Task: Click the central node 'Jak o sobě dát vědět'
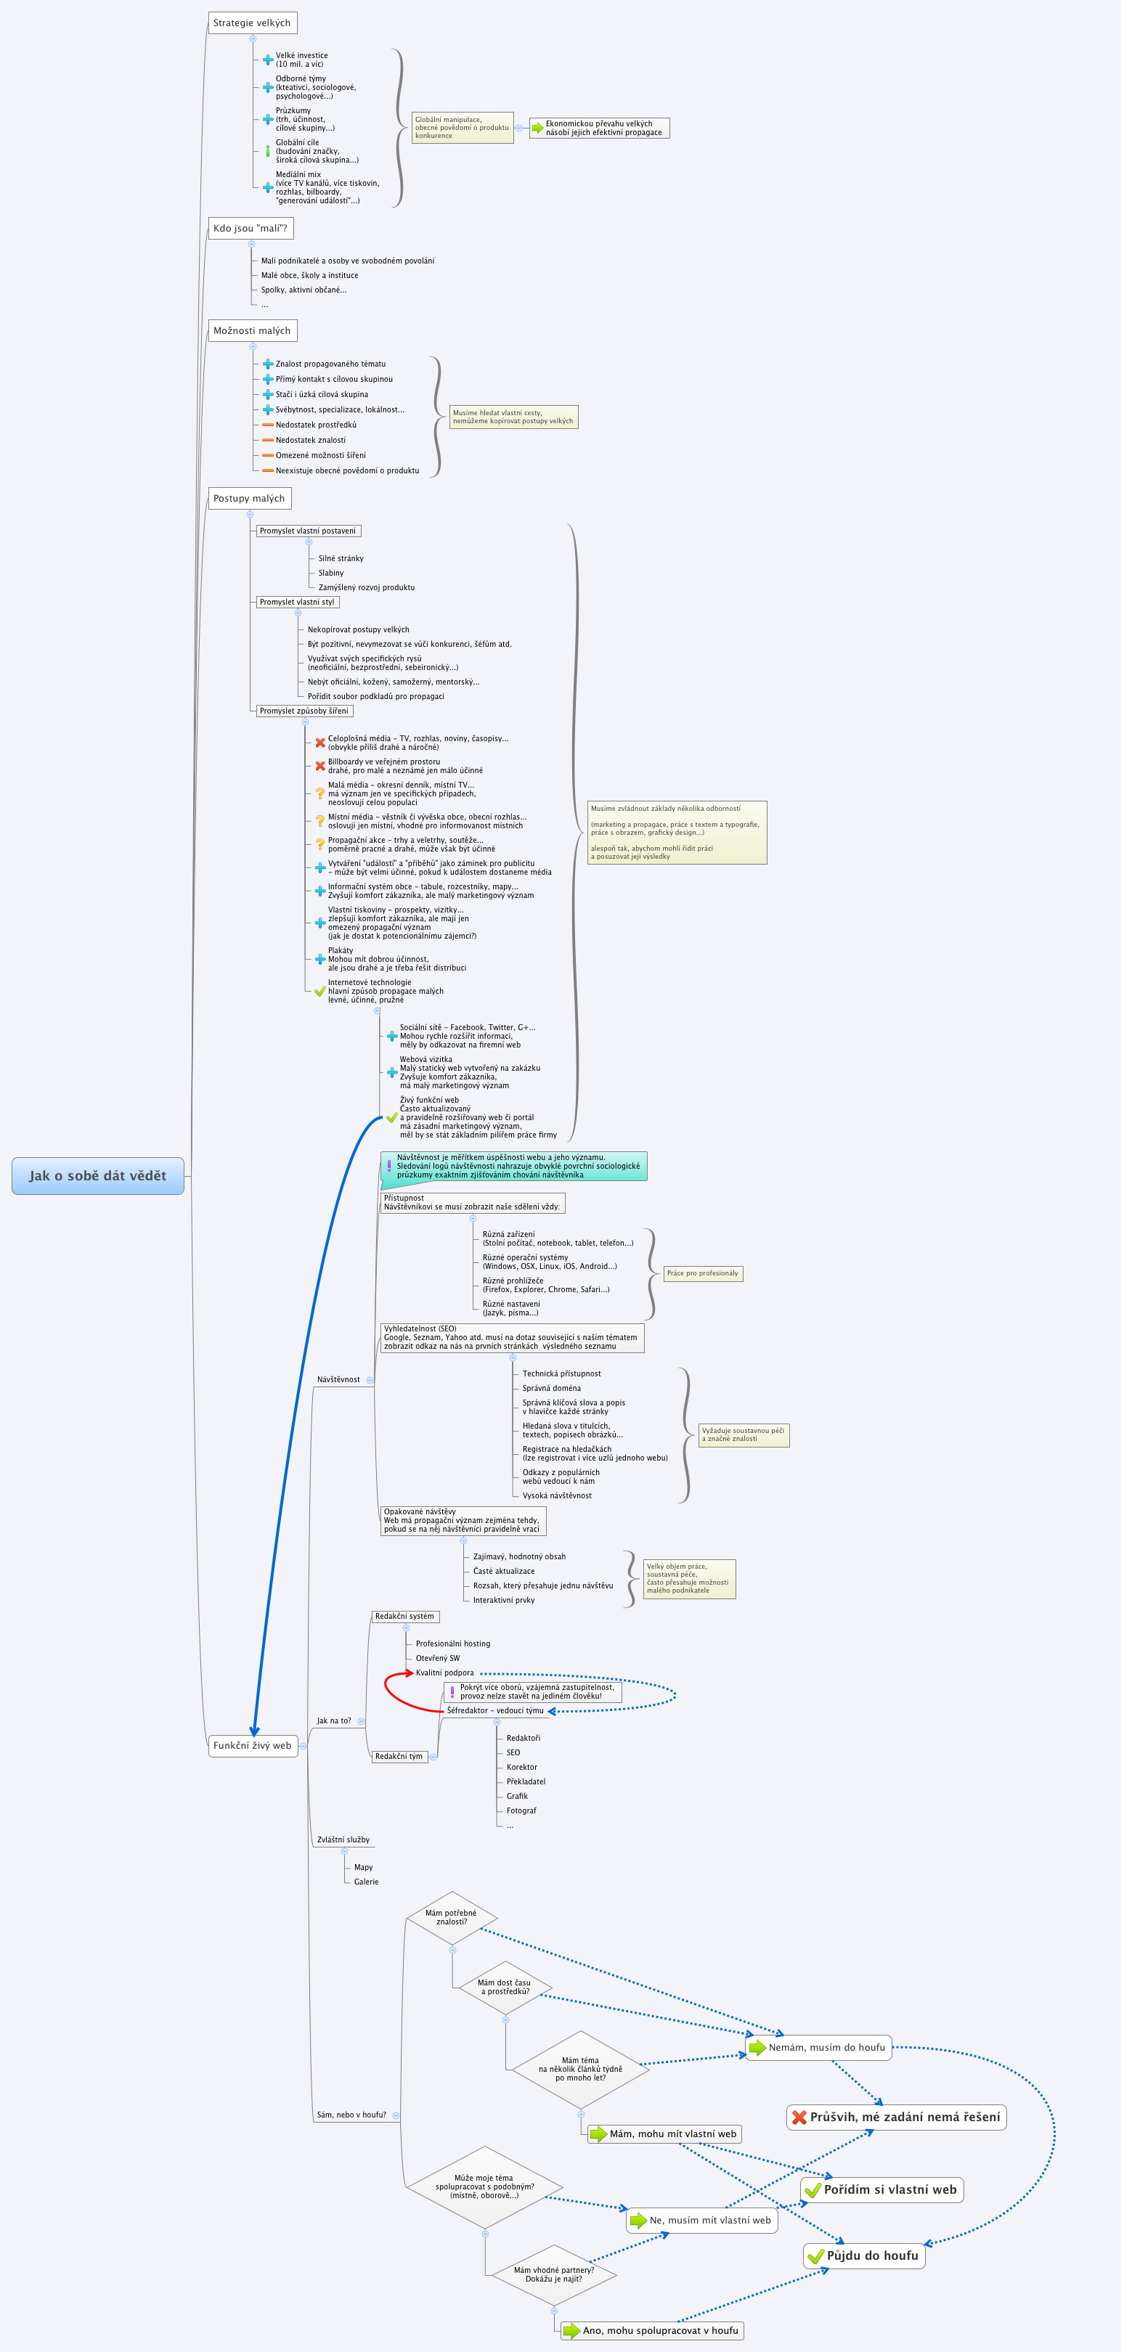98,1175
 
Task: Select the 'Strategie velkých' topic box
252,23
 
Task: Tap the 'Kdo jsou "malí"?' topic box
250,228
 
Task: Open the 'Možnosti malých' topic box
252,330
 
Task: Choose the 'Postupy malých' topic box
249,499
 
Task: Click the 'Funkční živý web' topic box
253,1745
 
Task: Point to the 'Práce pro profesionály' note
702,1273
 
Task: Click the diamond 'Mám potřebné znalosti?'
452,1917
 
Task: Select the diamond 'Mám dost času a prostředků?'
505,1987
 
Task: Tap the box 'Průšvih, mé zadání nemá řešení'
897,2116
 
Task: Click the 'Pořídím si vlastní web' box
882,2189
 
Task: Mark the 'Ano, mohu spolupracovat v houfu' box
652,2330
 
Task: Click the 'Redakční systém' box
405,1616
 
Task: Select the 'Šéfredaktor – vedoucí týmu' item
494,1710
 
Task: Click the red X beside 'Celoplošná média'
320,743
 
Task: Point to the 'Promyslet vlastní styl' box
297,602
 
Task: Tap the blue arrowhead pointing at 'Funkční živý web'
255,1729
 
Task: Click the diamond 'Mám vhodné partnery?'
553,2274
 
